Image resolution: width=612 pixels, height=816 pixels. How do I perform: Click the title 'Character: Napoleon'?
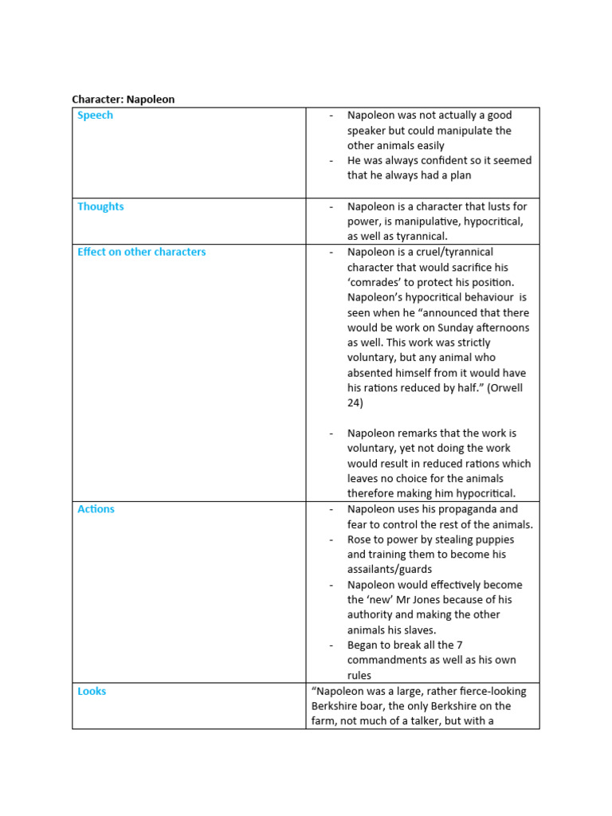pyautogui.click(x=123, y=100)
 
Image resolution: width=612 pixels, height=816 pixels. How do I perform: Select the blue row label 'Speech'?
pyautogui.click(x=95, y=116)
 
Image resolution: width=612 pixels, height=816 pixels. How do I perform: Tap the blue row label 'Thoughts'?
pyautogui.click(x=100, y=206)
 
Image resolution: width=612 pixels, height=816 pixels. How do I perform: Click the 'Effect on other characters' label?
pyautogui.click(x=141, y=252)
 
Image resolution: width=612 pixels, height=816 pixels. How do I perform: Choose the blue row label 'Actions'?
pyautogui.click(x=96, y=509)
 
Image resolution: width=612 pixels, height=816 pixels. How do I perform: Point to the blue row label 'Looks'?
pyautogui.click(x=92, y=692)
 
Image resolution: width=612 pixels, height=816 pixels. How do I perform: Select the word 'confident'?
pyautogui.click(x=435, y=161)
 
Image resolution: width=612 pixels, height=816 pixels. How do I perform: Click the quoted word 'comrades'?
pyautogui.click(x=378, y=283)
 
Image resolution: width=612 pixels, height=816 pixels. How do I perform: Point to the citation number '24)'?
pyautogui.click(x=355, y=403)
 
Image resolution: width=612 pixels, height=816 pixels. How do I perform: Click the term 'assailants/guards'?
pyautogui.click(x=390, y=570)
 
